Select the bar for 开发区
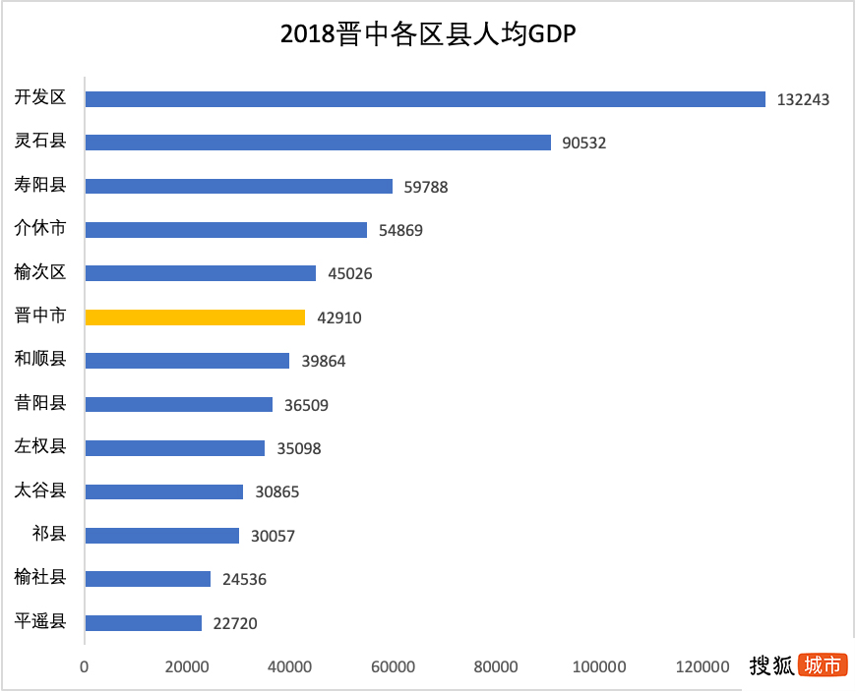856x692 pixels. tap(425, 99)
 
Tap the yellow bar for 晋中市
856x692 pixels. tap(195, 317)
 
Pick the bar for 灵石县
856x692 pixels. tap(318, 143)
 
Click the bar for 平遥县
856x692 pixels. tap(144, 623)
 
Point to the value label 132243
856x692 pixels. tap(803, 99)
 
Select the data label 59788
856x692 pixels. tap(425, 187)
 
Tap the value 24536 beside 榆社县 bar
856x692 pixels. tap(244, 580)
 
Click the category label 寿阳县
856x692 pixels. tap(40, 185)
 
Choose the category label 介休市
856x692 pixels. tap(40, 228)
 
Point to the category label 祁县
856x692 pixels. tap(48, 534)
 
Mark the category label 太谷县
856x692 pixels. tap(40, 490)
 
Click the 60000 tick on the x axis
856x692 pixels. tap(393, 667)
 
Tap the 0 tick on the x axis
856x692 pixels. tap(85, 667)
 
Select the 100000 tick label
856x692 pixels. tap(598, 667)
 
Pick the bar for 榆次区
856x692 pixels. tap(201, 273)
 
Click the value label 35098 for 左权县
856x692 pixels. tap(299, 448)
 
